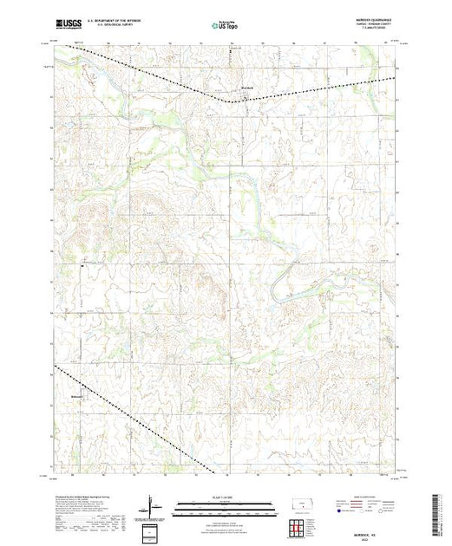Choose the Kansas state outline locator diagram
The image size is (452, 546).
point(298,504)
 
